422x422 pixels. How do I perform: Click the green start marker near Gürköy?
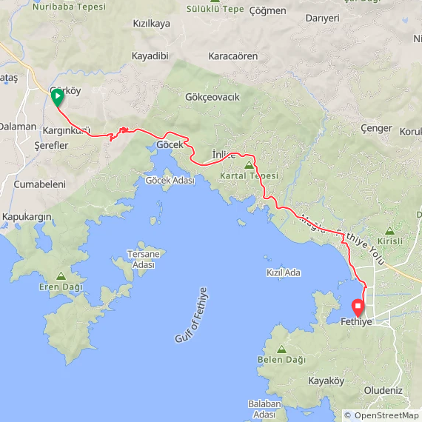coord(57,96)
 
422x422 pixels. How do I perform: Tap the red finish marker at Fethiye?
coord(358,305)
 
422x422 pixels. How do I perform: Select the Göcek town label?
coord(170,144)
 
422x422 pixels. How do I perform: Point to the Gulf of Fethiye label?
coord(189,315)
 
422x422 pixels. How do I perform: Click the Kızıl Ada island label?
coord(284,272)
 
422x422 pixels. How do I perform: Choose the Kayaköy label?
coord(326,381)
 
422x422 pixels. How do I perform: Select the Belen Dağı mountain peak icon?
coord(281,348)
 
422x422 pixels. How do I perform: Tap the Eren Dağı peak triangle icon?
coord(61,275)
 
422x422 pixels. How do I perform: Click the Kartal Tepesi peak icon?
coord(249,165)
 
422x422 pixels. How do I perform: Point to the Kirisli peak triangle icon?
coord(390,230)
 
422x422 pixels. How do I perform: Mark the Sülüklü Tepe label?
coord(217,10)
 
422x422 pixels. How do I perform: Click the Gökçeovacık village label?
coord(212,97)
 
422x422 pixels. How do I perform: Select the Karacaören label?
coord(233,56)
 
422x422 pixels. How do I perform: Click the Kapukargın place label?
coord(27,216)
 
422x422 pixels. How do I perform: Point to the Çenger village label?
coord(375,128)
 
